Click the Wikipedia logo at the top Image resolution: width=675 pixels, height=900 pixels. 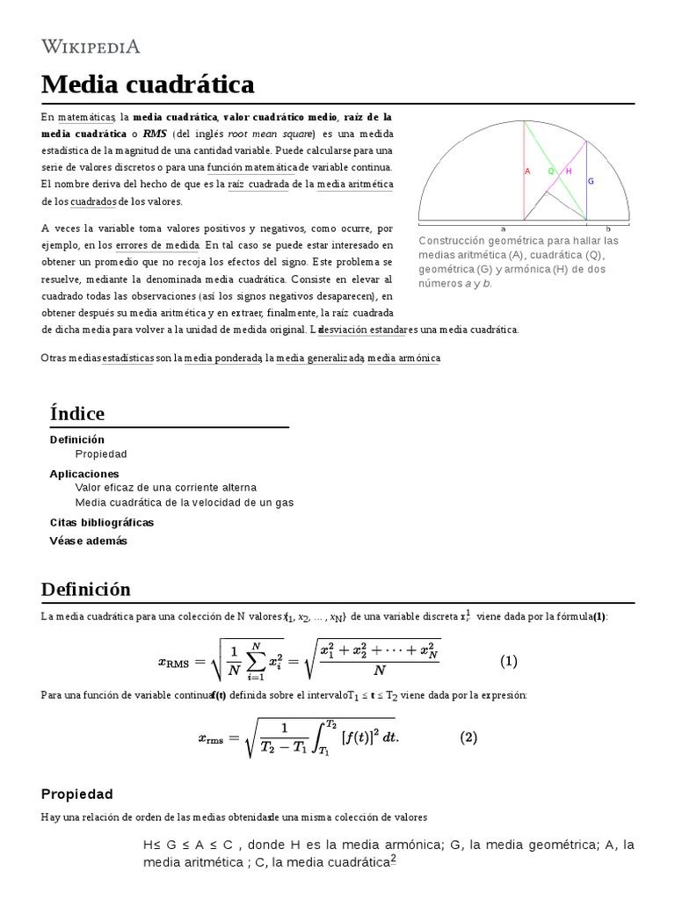[91, 46]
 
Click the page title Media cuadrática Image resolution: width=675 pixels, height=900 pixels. [148, 85]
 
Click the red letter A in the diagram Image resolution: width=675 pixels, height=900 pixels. [527, 171]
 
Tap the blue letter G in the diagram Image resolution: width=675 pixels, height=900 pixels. [591, 181]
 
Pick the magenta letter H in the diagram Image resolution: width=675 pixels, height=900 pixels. [569, 171]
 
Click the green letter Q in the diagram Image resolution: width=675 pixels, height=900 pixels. [551, 171]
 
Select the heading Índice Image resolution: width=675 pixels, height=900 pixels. [77, 413]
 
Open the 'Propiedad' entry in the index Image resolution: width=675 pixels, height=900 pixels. [101, 454]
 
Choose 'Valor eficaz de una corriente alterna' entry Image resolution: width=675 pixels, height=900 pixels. [165, 487]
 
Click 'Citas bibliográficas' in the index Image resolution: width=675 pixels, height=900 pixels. [101, 522]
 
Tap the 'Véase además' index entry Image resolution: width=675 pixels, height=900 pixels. [88, 541]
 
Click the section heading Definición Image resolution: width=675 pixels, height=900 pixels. [85, 589]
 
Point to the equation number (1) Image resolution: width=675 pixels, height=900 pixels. [509, 660]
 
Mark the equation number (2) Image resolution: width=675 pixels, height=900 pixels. [468, 737]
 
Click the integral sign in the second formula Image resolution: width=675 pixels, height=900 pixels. [323, 737]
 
